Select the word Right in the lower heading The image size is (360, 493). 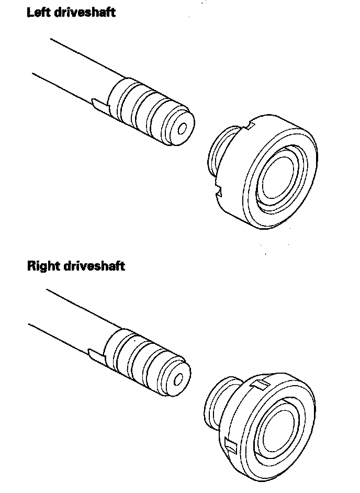click(x=43, y=266)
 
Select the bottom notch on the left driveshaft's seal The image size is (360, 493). click(x=220, y=195)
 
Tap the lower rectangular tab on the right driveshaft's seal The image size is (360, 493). click(x=229, y=445)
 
